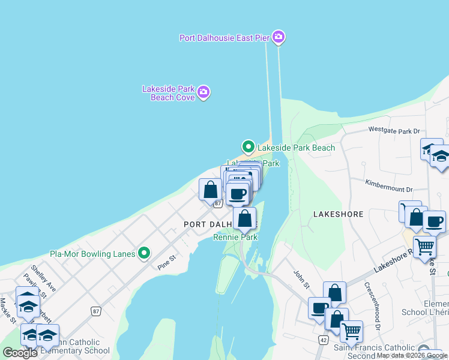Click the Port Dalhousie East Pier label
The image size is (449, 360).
[224, 38]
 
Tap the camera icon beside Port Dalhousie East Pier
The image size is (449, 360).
[278, 37]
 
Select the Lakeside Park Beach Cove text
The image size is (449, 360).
[168, 93]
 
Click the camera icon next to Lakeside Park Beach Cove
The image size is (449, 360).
[203, 92]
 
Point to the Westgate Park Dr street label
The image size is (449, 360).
[394, 130]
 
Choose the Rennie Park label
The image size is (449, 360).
[235, 238]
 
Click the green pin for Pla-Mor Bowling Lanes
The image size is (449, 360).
[143, 254]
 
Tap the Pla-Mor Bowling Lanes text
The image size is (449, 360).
[92, 254]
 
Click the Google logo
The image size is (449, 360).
[20, 353]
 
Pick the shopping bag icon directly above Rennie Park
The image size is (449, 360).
[244, 218]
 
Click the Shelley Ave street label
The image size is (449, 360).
[43, 279]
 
